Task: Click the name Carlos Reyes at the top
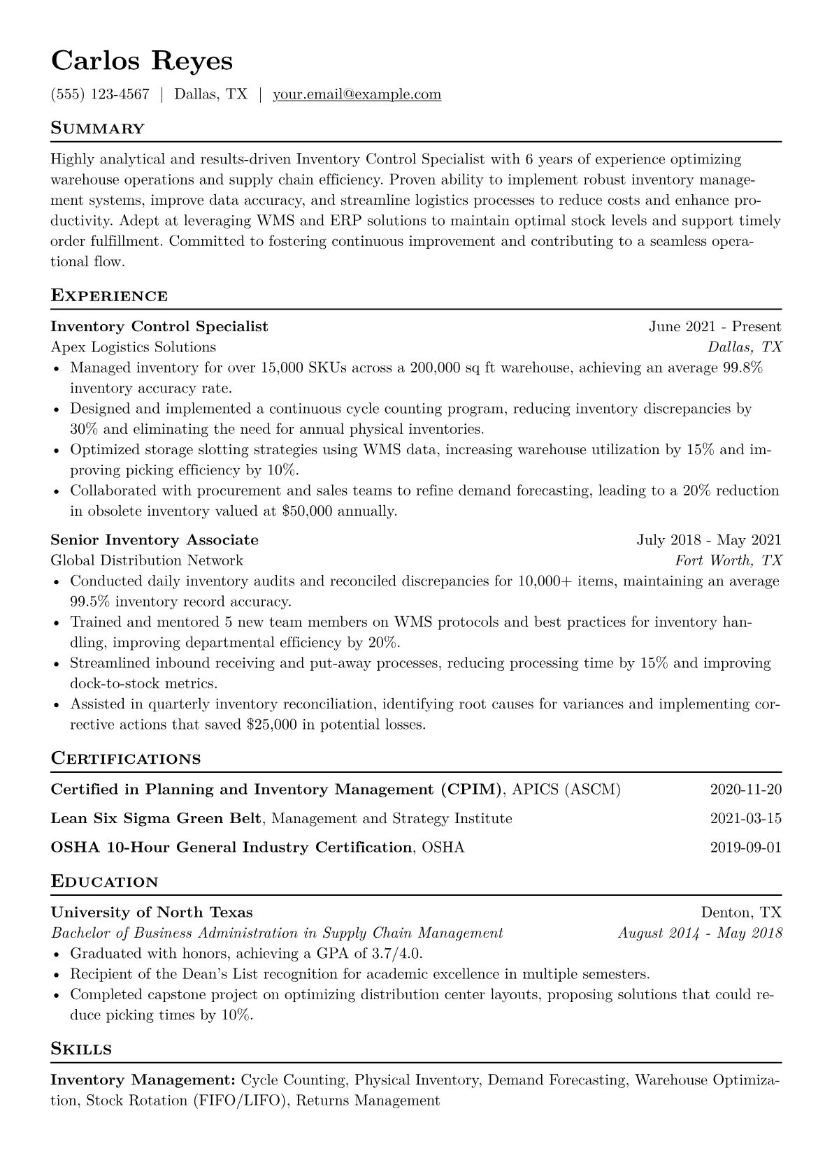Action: tap(141, 61)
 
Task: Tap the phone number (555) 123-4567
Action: tap(100, 94)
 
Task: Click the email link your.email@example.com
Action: tap(357, 94)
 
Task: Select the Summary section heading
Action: tap(97, 129)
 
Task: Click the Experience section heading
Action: tap(109, 296)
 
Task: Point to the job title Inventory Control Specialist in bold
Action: tap(159, 326)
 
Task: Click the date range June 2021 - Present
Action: tap(715, 326)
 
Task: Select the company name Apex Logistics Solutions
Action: tap(134, 347)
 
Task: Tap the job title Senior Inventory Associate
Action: tap(155, 540)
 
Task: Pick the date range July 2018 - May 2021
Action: tap(709, 540)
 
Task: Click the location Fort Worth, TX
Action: tap(728, 560)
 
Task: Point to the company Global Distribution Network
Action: tap(147, 560)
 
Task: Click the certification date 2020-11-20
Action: tap(745, 790)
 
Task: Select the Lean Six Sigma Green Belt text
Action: tap(157, 819)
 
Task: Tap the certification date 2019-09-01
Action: tap(745, 848)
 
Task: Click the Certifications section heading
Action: tap(126, 759)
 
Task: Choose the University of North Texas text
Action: tap(152, 913)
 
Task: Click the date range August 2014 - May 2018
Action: tap(700, 933)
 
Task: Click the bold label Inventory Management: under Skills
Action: tap(143, 1080)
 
